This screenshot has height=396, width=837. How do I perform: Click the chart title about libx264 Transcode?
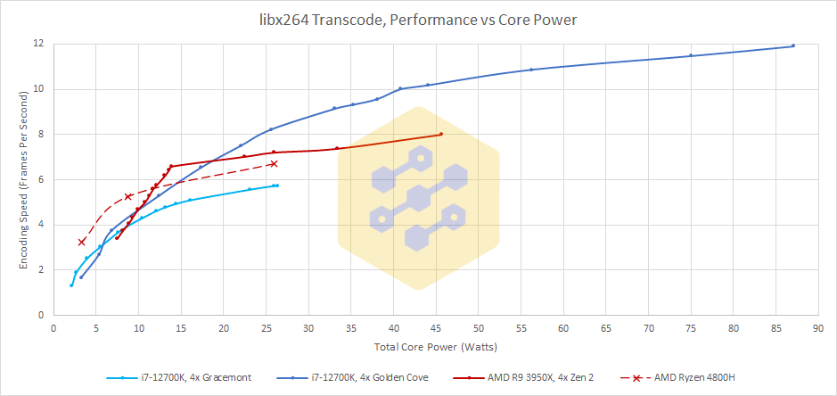pyautogui.click(x=418, y=19)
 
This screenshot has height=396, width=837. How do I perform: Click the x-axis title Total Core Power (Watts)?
pyautogui.click(x=423, y=346)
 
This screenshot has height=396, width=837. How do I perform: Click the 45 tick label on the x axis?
pyautogui.click(x=436, y=327)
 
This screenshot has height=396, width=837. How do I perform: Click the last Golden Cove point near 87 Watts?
pyautogui.click(x=792, y=45)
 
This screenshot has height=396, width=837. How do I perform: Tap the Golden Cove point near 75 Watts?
pyautogui.click(x=691, y=55)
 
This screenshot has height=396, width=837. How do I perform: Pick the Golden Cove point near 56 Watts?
pyautogui.click(x=531, y=70)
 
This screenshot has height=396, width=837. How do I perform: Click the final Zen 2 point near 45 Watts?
pyautogui.click(x=440, y=135)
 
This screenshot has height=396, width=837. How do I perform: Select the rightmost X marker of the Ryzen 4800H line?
pyautogui.click(x=274, y=163)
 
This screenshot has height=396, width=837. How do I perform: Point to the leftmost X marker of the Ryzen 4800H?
pyautogui.click(x=82, y=242)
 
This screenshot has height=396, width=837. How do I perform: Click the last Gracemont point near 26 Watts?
pyautogui.click(x=276, y=186)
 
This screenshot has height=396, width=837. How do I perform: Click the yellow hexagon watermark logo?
pyautogui.click(x=418, y=198)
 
